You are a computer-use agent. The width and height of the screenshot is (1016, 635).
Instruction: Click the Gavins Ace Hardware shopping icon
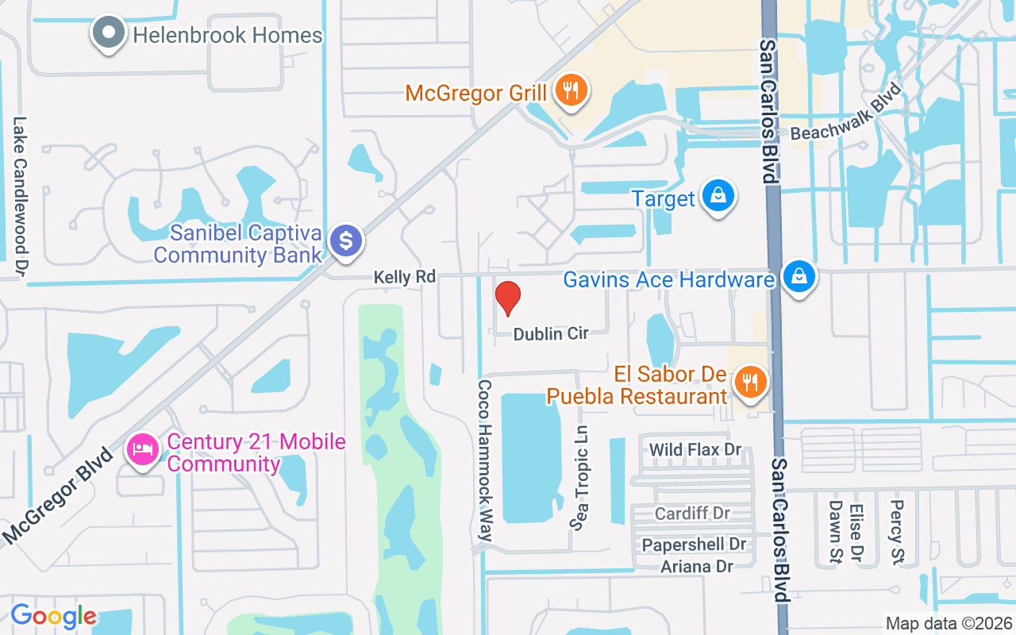(799, 277)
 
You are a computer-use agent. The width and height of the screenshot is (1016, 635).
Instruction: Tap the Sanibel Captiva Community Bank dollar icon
(345, 240)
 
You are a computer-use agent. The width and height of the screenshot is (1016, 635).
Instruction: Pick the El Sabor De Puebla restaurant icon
(749, 382)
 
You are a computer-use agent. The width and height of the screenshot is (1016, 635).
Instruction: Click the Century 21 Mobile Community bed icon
(143, 450)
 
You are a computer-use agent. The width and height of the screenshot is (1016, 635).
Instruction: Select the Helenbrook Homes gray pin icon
(109, 33)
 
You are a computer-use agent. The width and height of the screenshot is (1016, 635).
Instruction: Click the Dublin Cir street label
(551, 334)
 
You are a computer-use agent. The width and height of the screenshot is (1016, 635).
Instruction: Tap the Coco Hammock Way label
(484, 460)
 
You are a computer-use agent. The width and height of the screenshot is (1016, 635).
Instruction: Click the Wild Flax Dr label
(695, 450)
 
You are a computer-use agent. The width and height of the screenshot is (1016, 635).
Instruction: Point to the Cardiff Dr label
(692, 514)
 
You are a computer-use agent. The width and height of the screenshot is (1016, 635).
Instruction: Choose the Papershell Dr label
(695, 545)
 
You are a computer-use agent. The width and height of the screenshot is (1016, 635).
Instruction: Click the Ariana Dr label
(697, 566)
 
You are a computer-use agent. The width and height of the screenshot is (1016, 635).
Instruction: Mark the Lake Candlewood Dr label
(20, 198)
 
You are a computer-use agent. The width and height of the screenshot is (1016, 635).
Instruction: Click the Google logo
(53, 616)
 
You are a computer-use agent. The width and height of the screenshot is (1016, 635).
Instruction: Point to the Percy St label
(897, 532)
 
